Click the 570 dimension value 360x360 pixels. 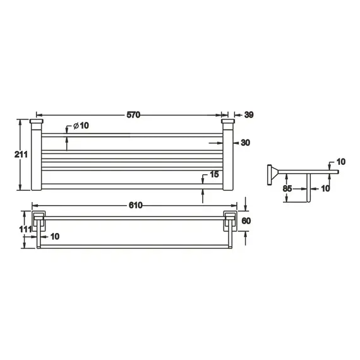132,115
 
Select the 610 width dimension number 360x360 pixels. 136,205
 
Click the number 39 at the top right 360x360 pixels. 248,115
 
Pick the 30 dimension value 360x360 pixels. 246,143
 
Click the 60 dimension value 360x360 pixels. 246,221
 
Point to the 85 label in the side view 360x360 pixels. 287,188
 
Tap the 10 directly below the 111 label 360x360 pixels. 54,237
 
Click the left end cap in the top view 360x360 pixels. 37,121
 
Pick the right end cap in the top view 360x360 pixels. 228,121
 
